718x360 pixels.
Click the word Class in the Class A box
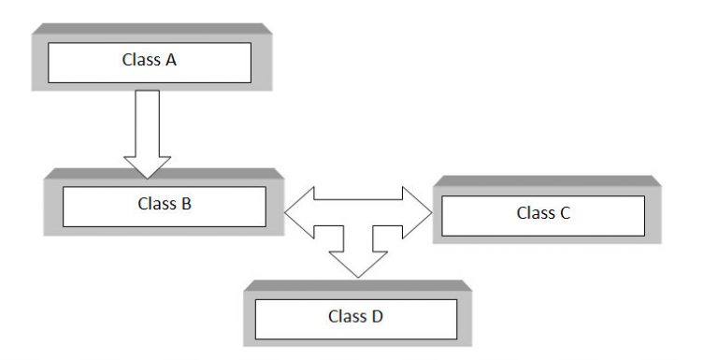pyautogui.click(x=138, y=61)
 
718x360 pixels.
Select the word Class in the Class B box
pyautogui.click(x=154, y=202)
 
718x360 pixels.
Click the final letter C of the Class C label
pyautogui.click(x=566, y=213)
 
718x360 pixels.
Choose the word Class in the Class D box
pyautogui.click(x=345, y=316)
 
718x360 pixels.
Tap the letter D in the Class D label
pyautogui.click(x=377, y=316)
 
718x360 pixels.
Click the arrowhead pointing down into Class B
pyautogui.click(x=147, y=166)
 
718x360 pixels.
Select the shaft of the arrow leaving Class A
pyautogui.click(x=147, y=122)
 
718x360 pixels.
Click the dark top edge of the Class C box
pyautogui.click(x=546, y=180)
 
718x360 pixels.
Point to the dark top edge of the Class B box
pyautogui.click(x=163, y=173)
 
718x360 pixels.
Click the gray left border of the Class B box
pyautogui.click(x=52, y=204)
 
